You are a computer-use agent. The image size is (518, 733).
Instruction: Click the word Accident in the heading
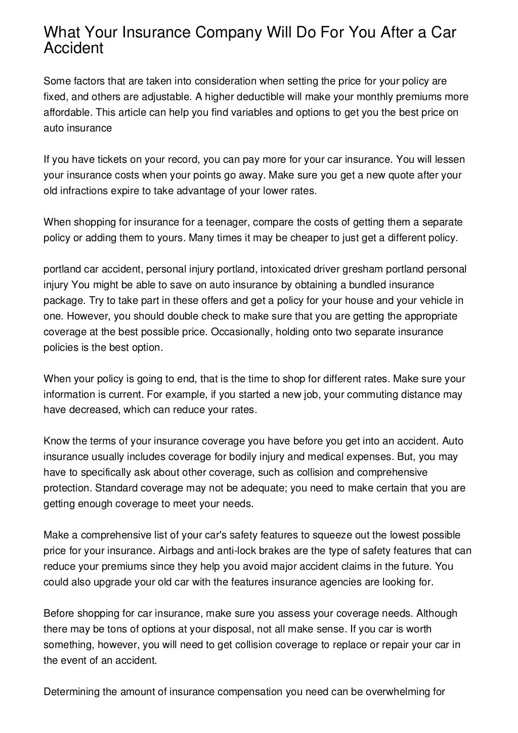click(73, 49)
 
